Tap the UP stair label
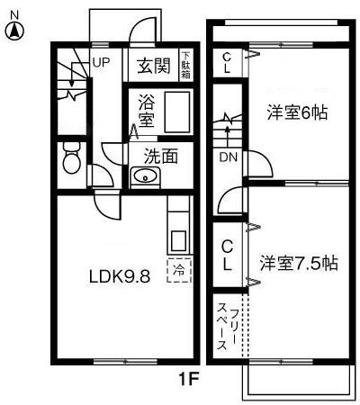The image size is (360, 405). (100, 63)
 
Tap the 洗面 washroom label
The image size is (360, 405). (161, 155)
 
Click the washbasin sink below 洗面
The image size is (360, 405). (144, 176)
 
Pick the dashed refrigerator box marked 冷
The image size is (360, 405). (179, 268)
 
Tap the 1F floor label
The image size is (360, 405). (186, 381)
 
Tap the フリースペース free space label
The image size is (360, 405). (228, 328)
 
